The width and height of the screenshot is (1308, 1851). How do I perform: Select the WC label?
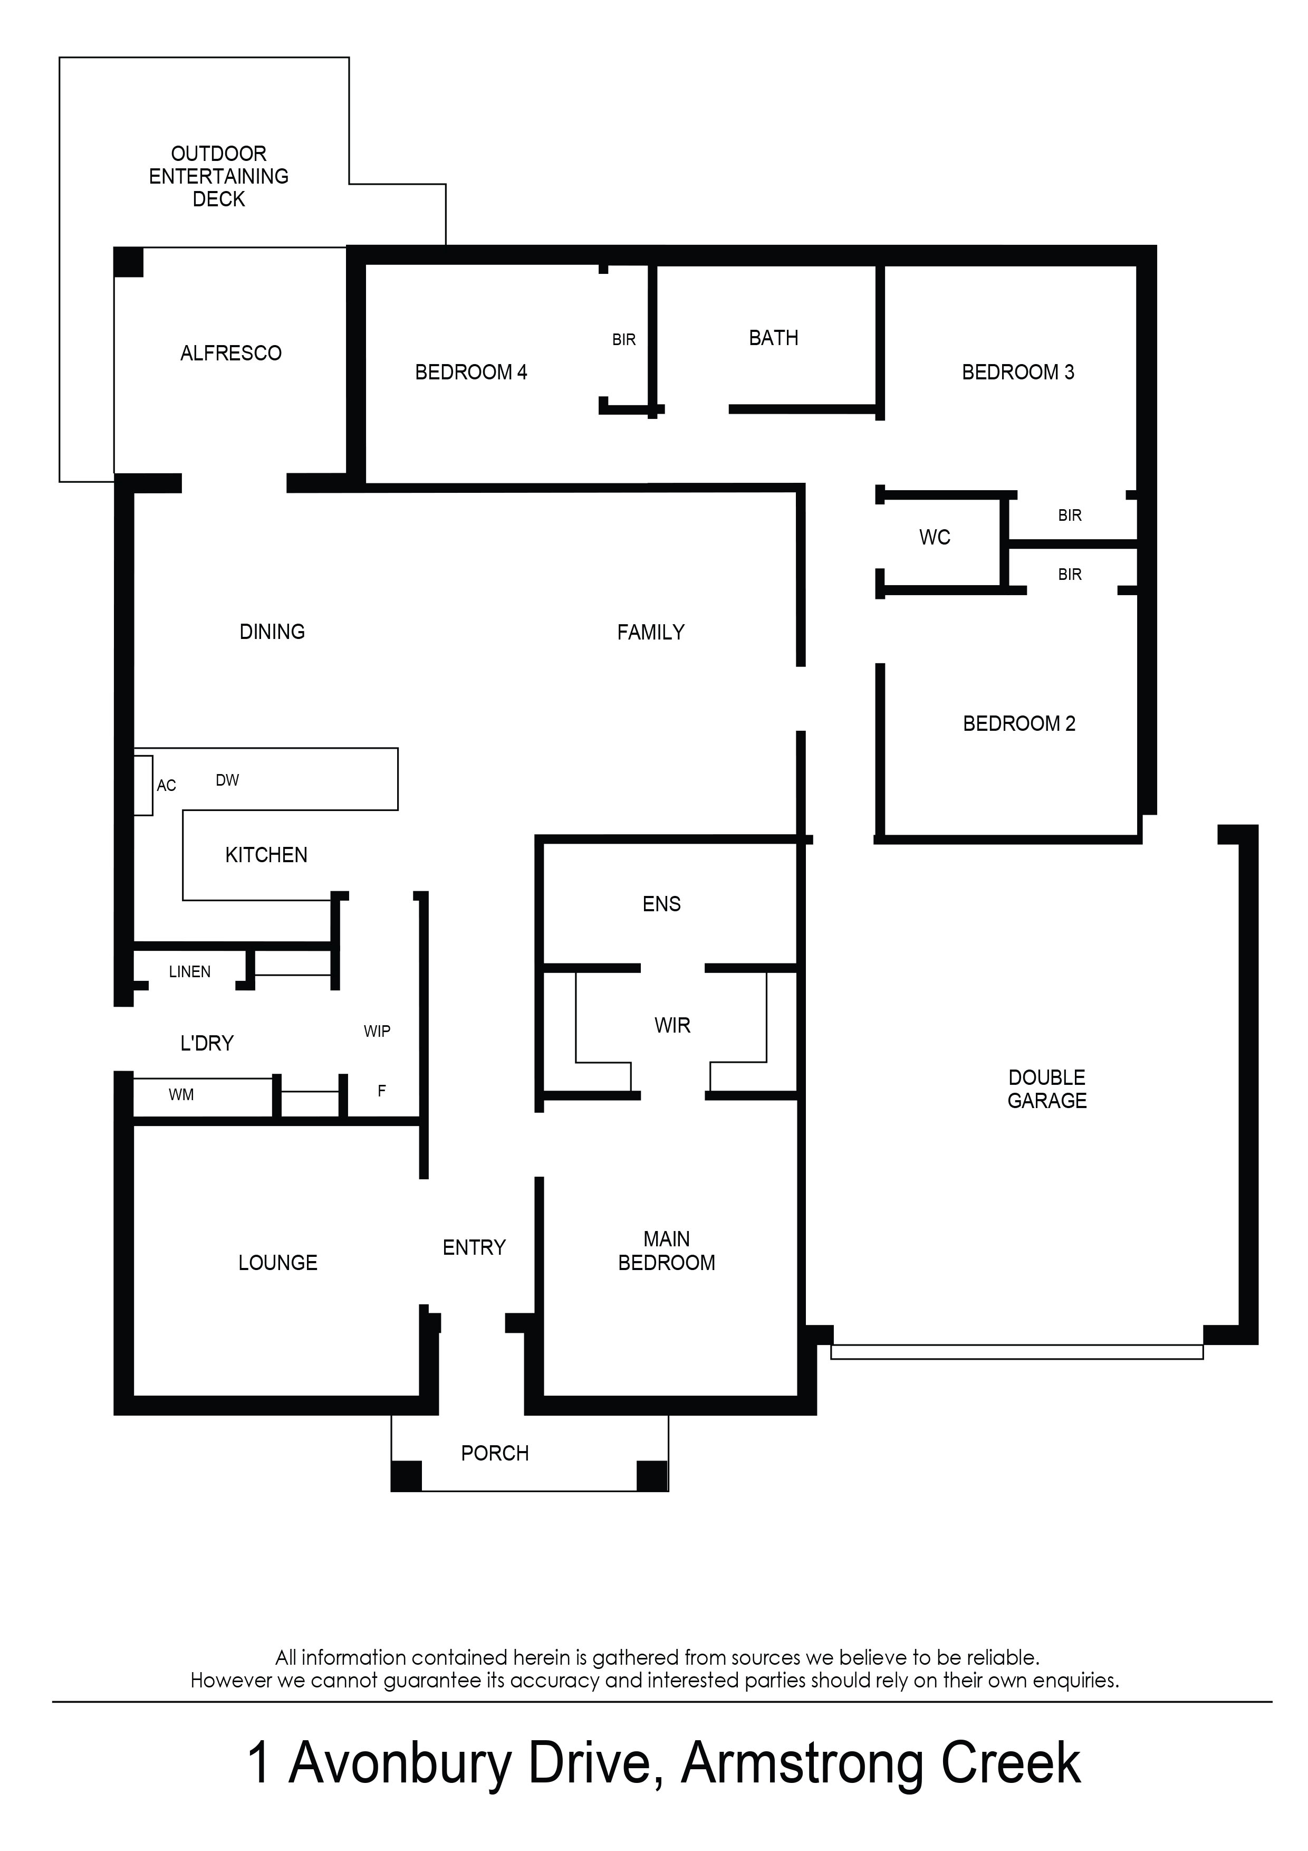click(x=935, y=537)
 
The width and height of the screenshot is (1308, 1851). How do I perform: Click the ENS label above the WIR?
click(x=662, y=904)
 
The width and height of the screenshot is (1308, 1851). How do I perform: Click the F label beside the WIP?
click(x=382, y=1091)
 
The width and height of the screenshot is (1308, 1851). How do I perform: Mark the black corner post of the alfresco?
click(x=129, y=262)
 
